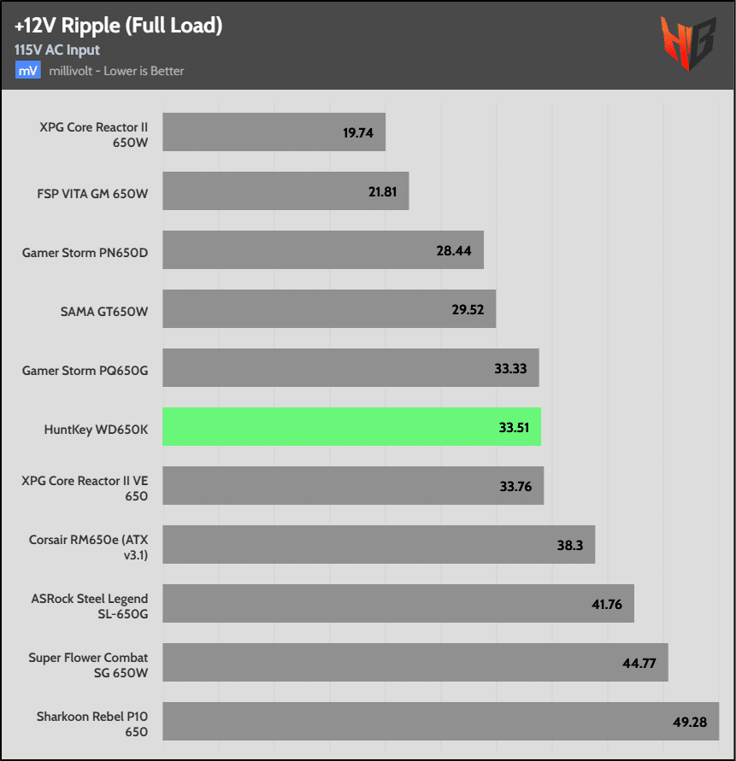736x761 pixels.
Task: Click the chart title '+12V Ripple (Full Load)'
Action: coord(118,26)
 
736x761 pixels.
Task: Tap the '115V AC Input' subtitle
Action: coord(57,50)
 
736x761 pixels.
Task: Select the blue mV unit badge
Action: coord(27,70)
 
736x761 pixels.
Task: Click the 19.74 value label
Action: coord(358,132)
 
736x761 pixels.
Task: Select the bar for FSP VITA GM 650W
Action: coord(285,191)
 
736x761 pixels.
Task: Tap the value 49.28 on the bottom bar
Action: coord(690,722)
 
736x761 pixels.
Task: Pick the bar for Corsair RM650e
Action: coord(378,545)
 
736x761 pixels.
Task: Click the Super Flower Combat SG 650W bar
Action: coord(415,663)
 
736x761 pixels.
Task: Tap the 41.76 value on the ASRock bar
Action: coord(607,604)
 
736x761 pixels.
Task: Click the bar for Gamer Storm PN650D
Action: coord(322,250)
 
